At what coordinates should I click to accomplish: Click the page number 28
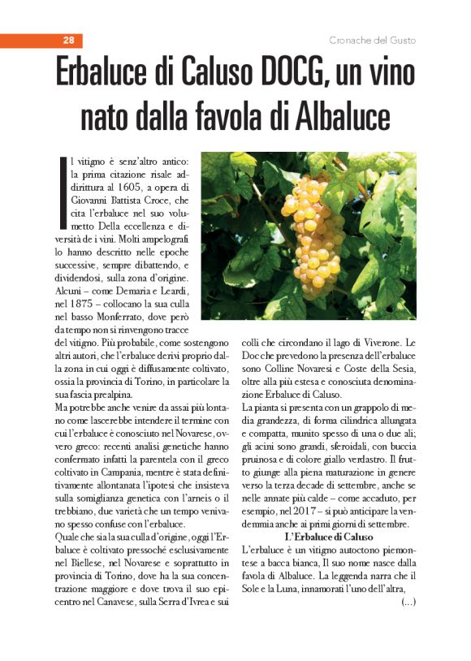tap(68, 41)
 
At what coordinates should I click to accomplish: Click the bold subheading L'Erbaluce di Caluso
tap(329, 538)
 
